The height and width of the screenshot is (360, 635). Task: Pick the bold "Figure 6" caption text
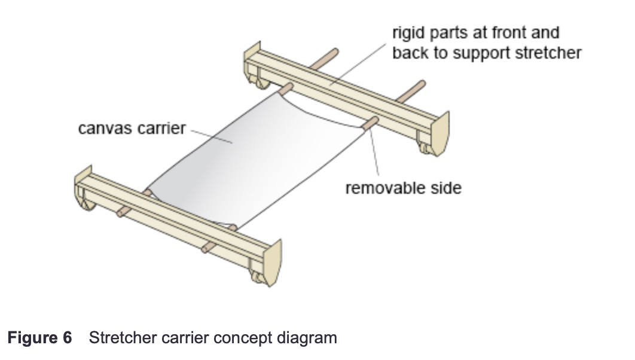39,338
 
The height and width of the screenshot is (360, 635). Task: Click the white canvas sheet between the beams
251,155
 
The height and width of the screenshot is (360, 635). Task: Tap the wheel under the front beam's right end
258,276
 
